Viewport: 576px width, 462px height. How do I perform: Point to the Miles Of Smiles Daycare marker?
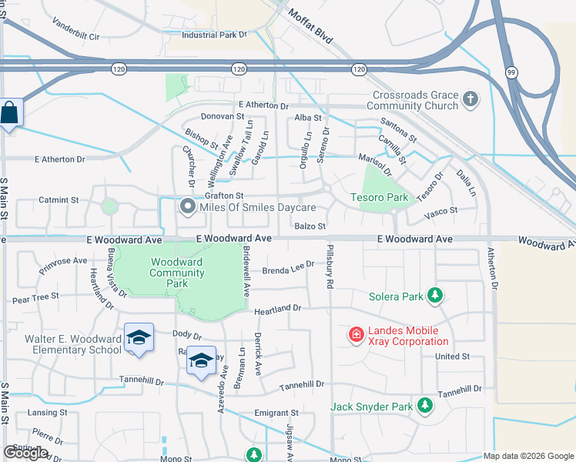click(x=187, y=207)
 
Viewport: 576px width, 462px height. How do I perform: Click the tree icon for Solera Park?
click(x=435, y=296)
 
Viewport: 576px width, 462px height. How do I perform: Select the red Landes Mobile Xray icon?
click(x=356, y=333)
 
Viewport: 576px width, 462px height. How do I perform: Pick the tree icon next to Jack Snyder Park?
click(x=424, y=405)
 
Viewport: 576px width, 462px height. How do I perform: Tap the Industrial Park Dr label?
click(x=214, y=35)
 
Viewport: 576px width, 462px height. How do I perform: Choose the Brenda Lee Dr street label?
click(x=289, y=268)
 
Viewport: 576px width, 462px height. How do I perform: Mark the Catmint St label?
click(x=59, y=199)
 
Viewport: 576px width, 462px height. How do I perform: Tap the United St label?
click(x=452, y=357)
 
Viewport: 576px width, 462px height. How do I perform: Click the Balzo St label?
click(x=310, y=226)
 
